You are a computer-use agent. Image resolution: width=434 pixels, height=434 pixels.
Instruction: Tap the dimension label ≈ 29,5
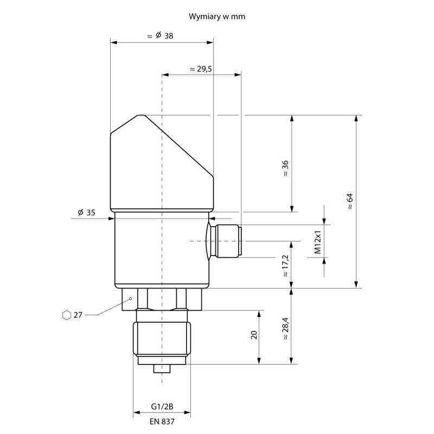click(x=201, y=69)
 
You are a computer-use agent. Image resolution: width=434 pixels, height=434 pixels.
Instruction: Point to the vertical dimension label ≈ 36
click(x=285, y=170)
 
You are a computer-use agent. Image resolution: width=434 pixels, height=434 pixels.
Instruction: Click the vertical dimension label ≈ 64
click(x=349, y=201)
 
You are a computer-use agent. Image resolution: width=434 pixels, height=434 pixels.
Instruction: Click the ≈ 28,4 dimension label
click(x=285, y=329)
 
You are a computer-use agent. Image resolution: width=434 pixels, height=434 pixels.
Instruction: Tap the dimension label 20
click(x=253, y=335)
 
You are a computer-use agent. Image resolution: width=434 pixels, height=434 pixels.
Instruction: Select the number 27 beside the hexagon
click(x=78, y=315)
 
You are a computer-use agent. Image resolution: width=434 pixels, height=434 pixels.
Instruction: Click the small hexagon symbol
click(x=66, y=315)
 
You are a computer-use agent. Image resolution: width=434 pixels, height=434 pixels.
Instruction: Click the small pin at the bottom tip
click(x=162, y=369)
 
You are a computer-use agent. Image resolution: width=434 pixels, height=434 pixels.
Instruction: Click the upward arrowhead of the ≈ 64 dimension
click(x=356, y=118)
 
